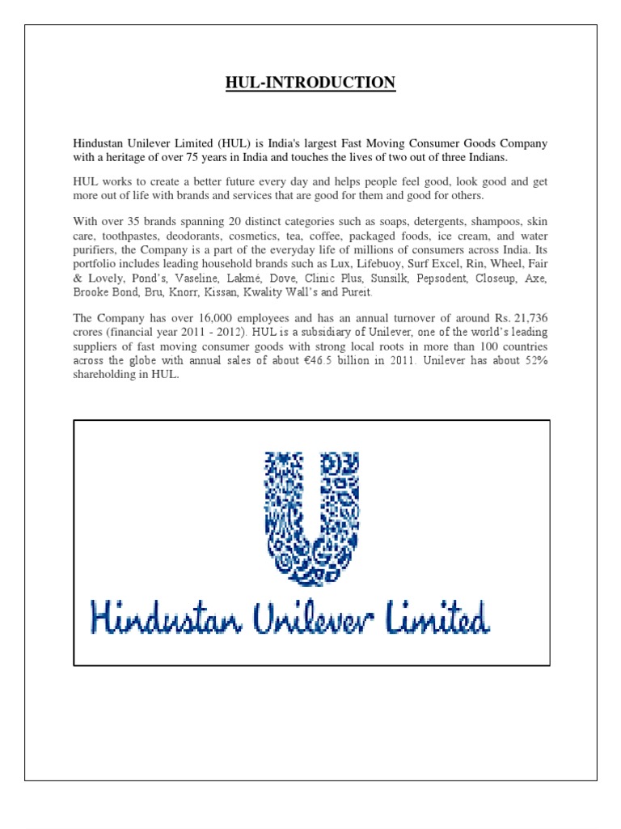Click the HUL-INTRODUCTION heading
click(x=310, y=83)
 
